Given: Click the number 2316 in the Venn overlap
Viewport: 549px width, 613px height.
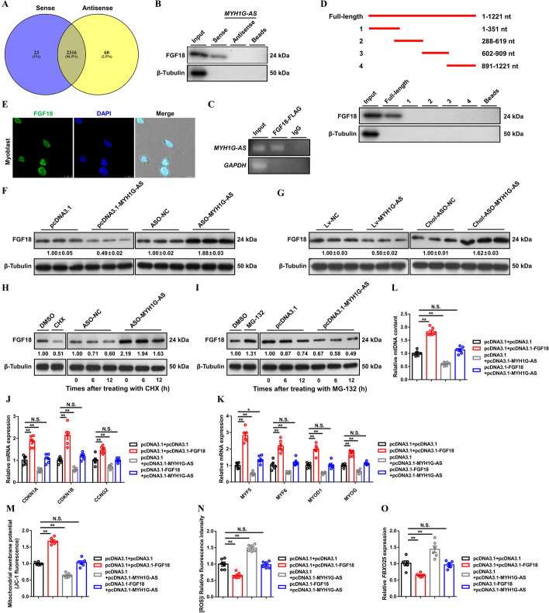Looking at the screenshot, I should (x=86, y=71).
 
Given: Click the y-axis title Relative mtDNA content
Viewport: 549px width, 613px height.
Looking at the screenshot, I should (x=396, y=326).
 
